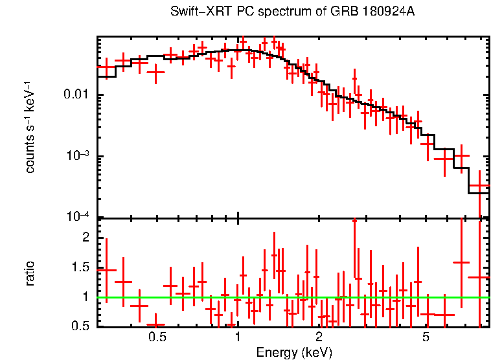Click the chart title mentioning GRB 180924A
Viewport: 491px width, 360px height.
[292, 12]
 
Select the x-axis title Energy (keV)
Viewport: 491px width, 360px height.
[294, 353]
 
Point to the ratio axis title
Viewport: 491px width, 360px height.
[30, 273]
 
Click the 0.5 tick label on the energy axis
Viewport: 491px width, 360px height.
[157, 337]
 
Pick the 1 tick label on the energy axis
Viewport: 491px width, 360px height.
[238, 337]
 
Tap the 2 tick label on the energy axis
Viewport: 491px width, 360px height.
[319, 337]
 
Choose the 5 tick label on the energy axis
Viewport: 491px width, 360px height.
[426, 337]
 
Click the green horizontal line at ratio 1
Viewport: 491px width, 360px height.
[291, 297]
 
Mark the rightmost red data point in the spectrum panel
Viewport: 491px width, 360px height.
[479, 186]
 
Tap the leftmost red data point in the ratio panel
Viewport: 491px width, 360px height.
[106, 270]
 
